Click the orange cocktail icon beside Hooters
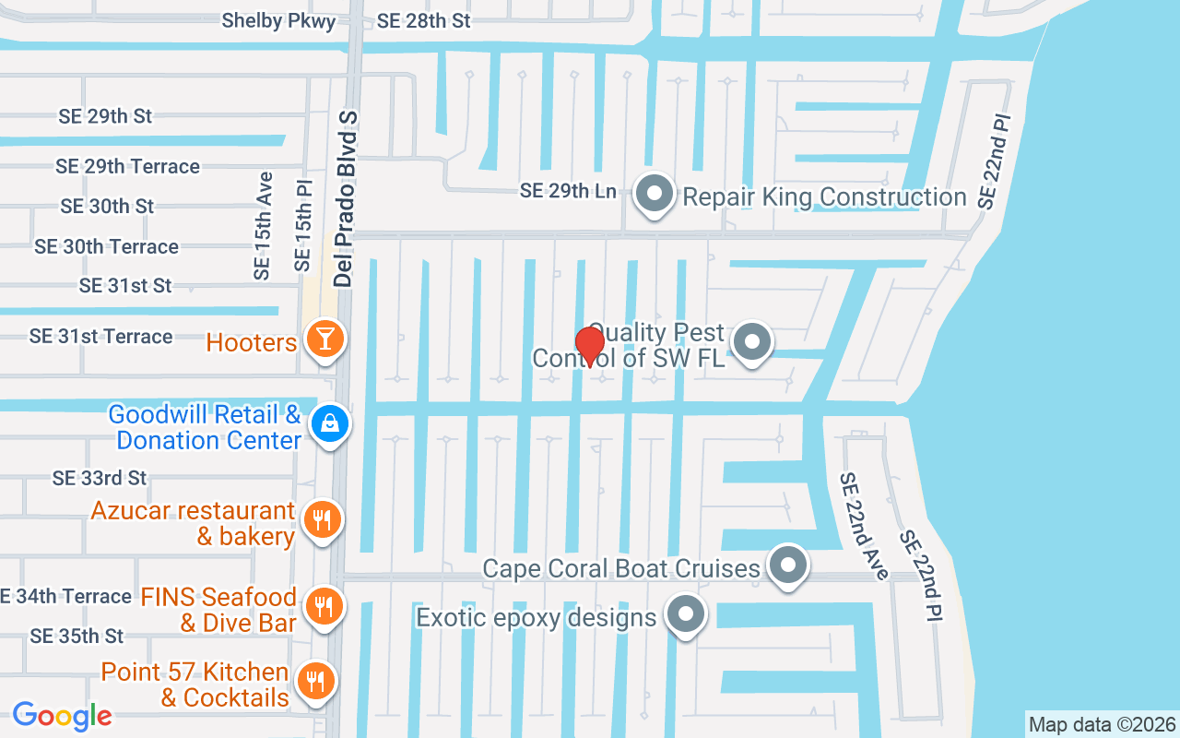tap(324, 339)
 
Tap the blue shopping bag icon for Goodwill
tap(328, 423)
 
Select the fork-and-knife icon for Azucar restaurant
tap(322, 520)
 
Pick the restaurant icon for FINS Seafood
tap(322, 606)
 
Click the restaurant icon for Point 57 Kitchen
tap(316, 682)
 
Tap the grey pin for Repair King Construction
tap(655, 194)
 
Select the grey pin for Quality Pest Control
tap(752, 342)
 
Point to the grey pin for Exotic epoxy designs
tap(685, 614)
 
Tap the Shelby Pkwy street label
tap(278, 21)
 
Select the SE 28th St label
tap(424, 21)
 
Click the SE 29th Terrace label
tap(127, 166)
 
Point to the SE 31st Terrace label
tap(100, 336)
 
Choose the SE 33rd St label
tap(100, 478)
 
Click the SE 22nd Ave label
tap(864, 526)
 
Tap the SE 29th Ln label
tap(568, 191)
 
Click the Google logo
tap(62, 716)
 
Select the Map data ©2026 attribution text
tap(1102, 724)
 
